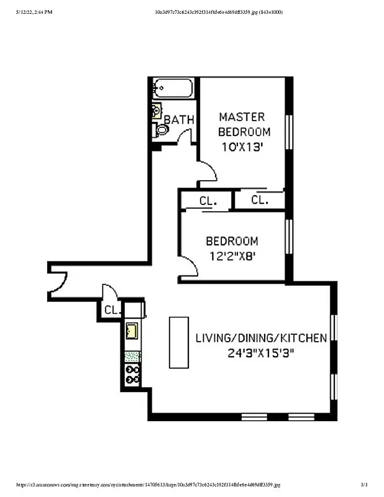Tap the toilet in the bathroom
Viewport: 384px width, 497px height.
[x=162, y=130]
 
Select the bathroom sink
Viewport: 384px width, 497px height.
[x=156, y=112]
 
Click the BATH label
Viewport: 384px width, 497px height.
[x=179, y=119]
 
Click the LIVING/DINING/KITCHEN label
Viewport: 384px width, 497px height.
[x=261, y=338]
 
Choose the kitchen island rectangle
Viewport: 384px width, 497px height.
[x=179, y=342]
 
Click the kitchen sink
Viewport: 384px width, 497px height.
[x=132, y=330]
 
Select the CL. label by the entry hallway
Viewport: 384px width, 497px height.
[x=111, y=309]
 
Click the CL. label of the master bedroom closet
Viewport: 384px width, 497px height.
[x=260, y=199]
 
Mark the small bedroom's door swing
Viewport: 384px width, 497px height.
[x=190, y=268]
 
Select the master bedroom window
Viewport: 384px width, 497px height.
[x=288, y=131]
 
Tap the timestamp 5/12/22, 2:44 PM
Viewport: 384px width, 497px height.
[x=30, y=12]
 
